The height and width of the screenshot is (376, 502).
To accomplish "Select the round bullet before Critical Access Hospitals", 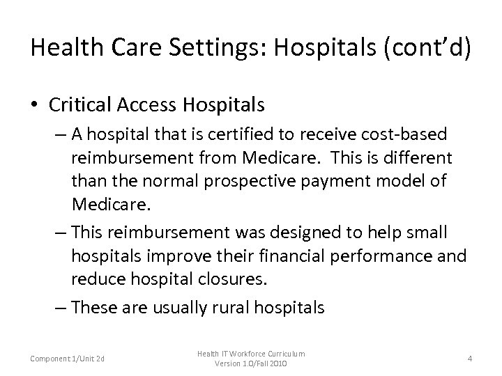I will pyautogui.click(x=35, y=105).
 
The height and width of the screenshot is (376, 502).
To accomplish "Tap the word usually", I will pyautogui.click(x=174, y=307).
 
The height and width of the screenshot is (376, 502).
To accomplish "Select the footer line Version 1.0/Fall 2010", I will pyautogui.click(x=250, y=364).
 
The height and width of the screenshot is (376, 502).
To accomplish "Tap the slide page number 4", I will pyautogui.click(x=469, y=359).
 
